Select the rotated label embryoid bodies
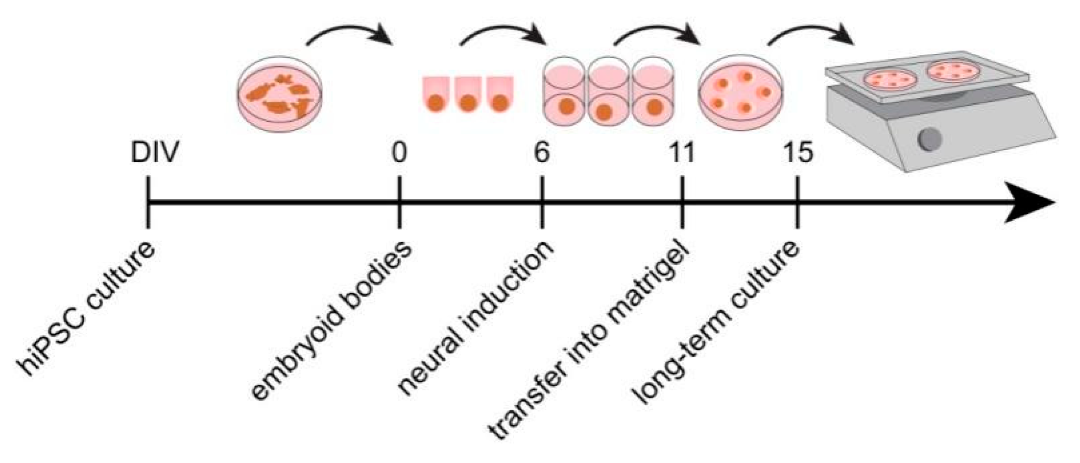click(332, 321)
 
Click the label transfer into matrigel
click(588, 343)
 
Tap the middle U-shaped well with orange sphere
click(468, 94)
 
